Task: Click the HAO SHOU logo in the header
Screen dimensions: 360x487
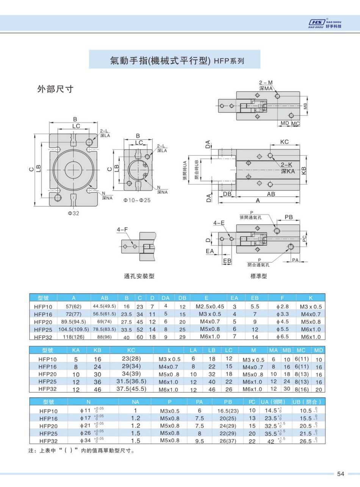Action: point(325,24)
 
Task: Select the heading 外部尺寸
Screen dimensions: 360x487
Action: point(55,89)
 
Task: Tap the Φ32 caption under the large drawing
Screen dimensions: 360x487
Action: point(74,213)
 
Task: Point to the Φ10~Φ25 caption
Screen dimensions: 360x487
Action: point(137,200)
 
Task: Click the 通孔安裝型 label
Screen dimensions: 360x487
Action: point(139,276)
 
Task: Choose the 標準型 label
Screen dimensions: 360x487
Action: point(259,276)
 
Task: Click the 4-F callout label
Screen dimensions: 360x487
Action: point(122,229)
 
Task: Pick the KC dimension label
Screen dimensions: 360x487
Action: point(284,142)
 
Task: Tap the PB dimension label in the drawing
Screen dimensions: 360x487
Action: point(289,217)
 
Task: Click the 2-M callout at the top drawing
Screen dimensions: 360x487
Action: point(266,83)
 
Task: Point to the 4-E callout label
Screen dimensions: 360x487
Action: point(219,223)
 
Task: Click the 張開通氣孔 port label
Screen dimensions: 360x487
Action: point(250,217)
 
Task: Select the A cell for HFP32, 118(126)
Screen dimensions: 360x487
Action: point(74,337)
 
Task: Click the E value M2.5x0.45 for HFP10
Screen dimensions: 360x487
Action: point(210,306)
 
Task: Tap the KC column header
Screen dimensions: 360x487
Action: point(131,350)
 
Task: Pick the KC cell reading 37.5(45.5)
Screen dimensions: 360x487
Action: point(131,389)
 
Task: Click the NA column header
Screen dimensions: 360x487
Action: point(135,402)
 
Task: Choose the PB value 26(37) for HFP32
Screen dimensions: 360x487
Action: point(228,441)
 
